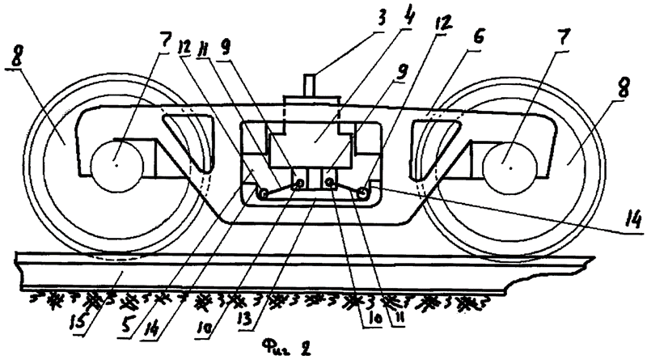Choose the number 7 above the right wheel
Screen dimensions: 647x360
point(563,39)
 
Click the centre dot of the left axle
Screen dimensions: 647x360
point(116,165)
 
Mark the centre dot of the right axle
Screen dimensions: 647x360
point(510,167)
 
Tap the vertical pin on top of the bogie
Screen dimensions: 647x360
point(311,85)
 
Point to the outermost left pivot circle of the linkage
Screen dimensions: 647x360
point(263,192)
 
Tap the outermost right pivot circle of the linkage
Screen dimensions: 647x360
point(363,192)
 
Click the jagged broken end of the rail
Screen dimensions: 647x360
point(549,277)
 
